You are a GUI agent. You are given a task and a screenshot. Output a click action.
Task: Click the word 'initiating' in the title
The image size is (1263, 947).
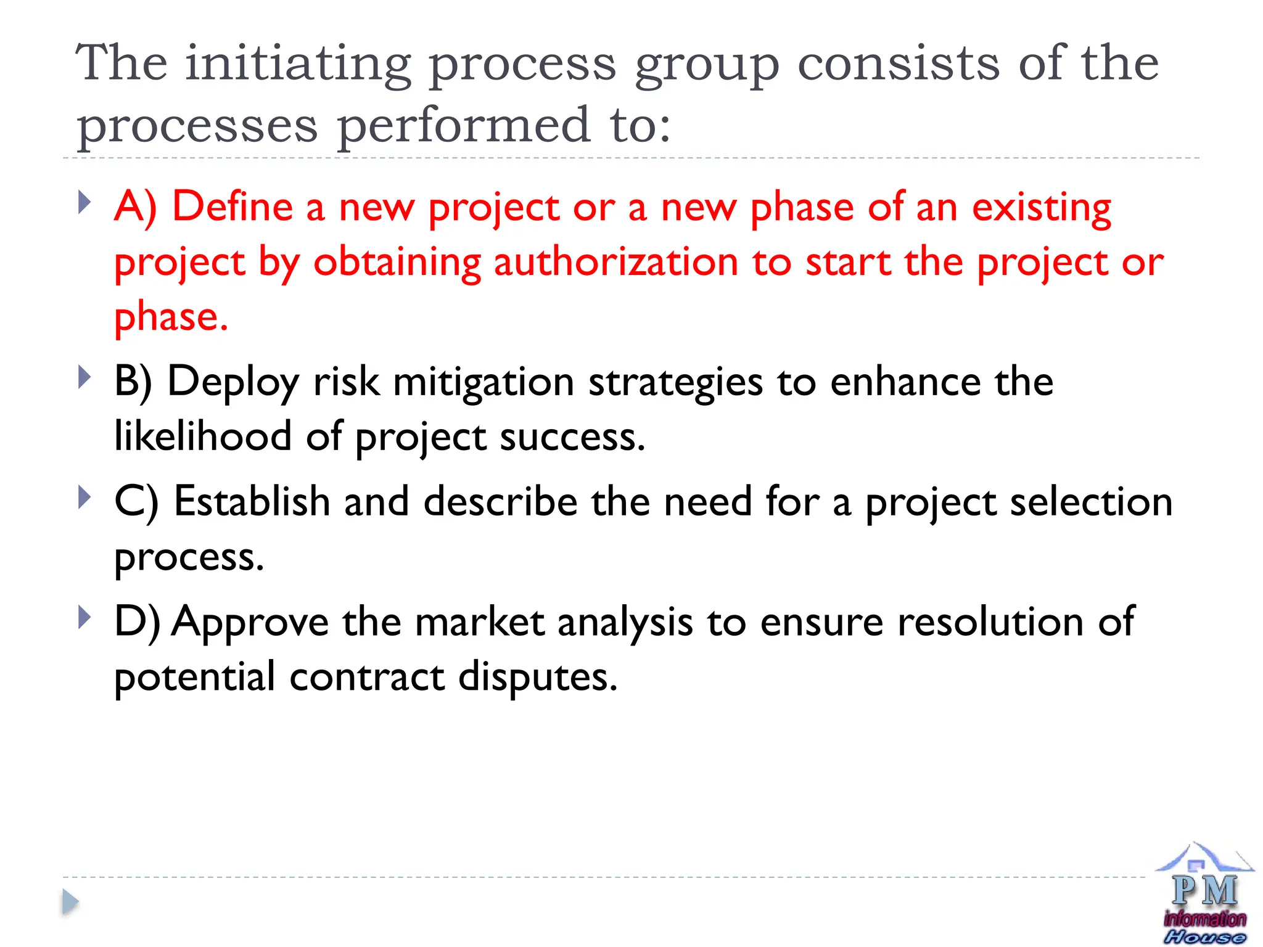pos(298,64)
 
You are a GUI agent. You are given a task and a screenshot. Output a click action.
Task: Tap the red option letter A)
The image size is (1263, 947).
pos(136,207)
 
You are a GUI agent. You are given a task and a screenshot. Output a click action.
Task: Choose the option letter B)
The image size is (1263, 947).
pos(133,382)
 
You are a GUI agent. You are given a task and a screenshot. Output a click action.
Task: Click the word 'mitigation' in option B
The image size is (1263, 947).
pos(484,383)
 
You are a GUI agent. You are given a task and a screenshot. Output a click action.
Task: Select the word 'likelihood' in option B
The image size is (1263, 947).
pos(203,437)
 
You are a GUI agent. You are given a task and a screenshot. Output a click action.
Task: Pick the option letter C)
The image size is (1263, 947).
pos(136,501)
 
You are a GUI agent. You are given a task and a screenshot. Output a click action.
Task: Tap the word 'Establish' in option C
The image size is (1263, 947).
pos(252,501)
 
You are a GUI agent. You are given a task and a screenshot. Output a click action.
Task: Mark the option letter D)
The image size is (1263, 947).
pos(137,621)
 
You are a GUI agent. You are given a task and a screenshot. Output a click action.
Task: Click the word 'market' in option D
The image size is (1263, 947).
pos(480,621)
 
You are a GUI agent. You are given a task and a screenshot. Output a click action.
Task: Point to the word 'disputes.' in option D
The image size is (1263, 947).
pos(538,677)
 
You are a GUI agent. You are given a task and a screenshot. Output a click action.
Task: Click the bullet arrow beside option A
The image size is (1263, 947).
pos(85,202)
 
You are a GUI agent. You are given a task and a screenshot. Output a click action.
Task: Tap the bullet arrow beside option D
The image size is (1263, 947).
pos(85,617)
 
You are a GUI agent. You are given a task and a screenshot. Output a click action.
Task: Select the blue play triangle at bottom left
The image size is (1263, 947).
pos(70,903)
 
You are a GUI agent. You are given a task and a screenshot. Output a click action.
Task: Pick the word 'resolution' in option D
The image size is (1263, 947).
pos(990,621)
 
